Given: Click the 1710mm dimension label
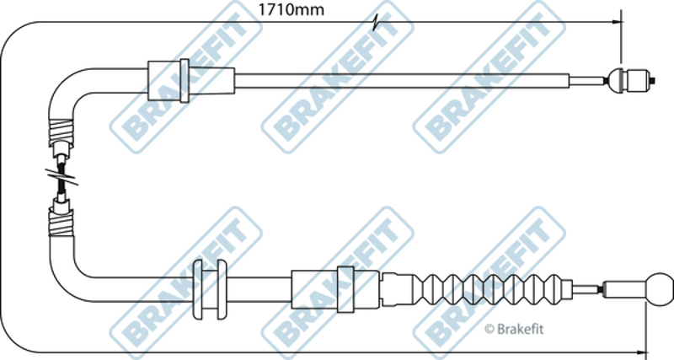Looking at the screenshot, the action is (291, 9).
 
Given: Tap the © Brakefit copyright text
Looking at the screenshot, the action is (514, 330).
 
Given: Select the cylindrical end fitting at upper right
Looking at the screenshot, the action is (631, 80).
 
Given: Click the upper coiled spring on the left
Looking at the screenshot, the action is (62, 132).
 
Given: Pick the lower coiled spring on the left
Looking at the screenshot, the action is (61, 223).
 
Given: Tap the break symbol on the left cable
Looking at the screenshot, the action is (62, 177).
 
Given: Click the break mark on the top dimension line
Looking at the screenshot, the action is (377, 23).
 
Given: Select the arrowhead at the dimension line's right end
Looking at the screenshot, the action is (617, 22).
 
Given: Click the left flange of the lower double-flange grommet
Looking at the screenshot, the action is (198, 289).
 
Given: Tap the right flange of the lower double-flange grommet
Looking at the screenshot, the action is (222, 289).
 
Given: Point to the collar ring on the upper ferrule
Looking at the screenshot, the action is (185, 81).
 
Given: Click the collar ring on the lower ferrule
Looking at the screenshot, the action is (345, 289).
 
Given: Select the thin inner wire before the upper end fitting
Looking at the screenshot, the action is (588, 80).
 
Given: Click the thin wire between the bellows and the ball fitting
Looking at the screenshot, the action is (587, 288).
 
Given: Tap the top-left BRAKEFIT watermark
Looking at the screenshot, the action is (185, 78).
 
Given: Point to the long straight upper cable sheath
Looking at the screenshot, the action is (402, 81).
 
